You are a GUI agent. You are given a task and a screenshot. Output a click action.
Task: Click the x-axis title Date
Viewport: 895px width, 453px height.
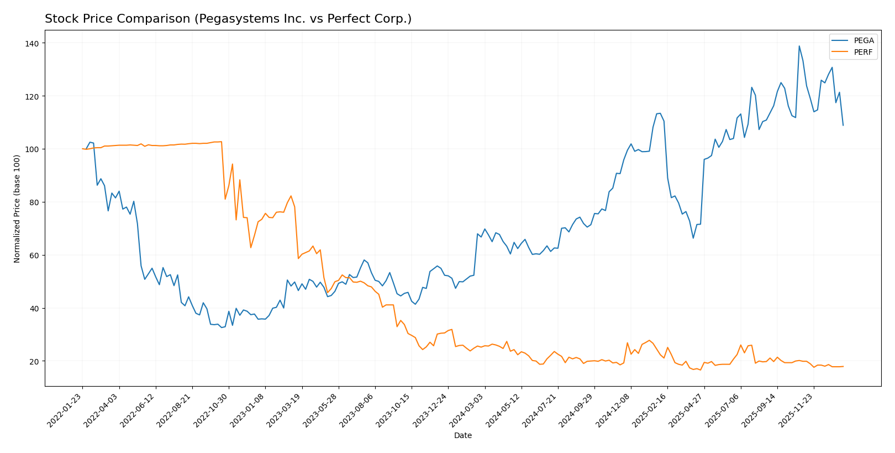point(462,436)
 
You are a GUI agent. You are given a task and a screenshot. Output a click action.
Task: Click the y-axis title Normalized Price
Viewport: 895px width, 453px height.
point(17,209)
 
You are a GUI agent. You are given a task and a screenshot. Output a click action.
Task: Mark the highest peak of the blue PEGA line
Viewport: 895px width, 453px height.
point(799,46)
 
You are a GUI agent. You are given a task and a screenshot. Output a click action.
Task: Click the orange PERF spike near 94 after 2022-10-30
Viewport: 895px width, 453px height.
point(233,164)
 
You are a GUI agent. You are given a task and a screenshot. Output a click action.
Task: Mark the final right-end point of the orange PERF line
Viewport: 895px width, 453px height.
point(843,366)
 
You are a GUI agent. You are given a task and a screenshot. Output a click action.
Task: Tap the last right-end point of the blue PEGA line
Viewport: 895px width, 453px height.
point(843,126)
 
